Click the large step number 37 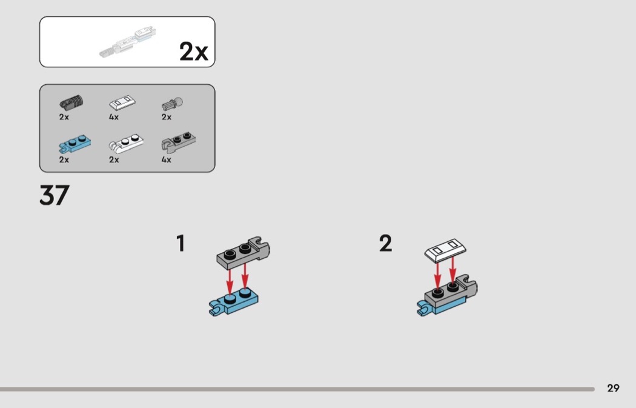(x=55, y=195)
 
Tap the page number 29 (x=613, y=388)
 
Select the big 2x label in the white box (x=193, y=52)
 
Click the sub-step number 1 (x=181, y=243)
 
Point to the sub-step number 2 (x=386, y=243)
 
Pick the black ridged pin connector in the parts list (x=71, y=102)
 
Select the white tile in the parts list (x=122, y=102)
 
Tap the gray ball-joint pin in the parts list (x=173, y=104)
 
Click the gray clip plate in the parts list (x=178, y=142)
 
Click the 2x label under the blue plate (x=64, y=159)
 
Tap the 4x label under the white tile (x=114, y=117)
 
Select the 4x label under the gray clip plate (x=167, y=159)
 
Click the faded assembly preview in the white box (x=128, y=42)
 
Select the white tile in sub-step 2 (x=445, y=249)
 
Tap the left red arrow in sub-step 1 (x=230, y=279)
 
